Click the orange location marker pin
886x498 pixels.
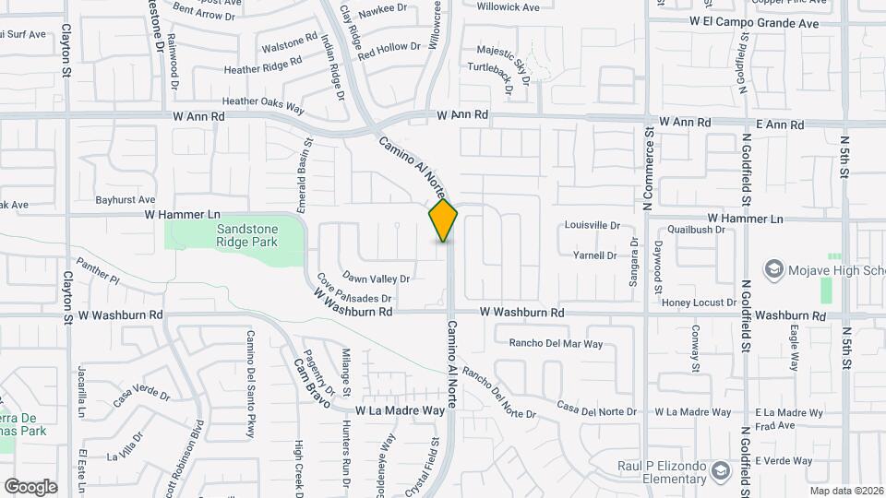click(444, 221)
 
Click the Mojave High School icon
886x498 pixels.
click(773, 269)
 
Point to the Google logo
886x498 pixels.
click(30, 487)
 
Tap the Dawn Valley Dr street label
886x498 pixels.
click(377, 278)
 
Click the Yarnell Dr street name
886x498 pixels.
click(594, 255)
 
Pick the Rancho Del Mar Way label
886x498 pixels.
click(556, 344)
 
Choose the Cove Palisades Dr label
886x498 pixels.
click(355, 289)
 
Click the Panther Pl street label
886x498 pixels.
click(98, 269)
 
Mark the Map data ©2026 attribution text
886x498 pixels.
click(844, 490)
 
